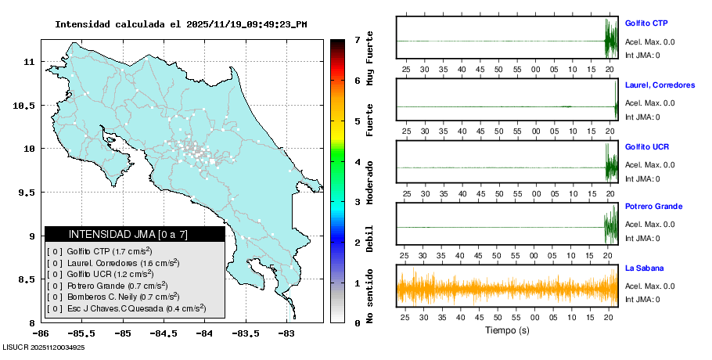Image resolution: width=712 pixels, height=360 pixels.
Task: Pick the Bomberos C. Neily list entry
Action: coord(113,297)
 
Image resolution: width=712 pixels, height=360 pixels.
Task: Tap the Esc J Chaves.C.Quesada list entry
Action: coord(126,309)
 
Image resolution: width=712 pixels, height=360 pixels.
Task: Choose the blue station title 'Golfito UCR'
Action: coord(646,146)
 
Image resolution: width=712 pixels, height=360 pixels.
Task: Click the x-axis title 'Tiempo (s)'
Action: coord(507,331)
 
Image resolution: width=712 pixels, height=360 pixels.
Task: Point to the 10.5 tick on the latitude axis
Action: coord(26,105)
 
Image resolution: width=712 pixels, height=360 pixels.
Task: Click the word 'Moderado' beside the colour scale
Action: coord(369,181)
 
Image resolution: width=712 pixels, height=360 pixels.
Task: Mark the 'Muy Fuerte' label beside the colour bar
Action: coord(369,62)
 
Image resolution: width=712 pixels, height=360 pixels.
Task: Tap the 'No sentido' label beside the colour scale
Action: coord(369,297)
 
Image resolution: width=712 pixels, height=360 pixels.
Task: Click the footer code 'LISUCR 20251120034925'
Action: coord(44,347)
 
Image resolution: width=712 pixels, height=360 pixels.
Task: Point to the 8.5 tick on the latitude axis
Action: coord(28,279)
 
